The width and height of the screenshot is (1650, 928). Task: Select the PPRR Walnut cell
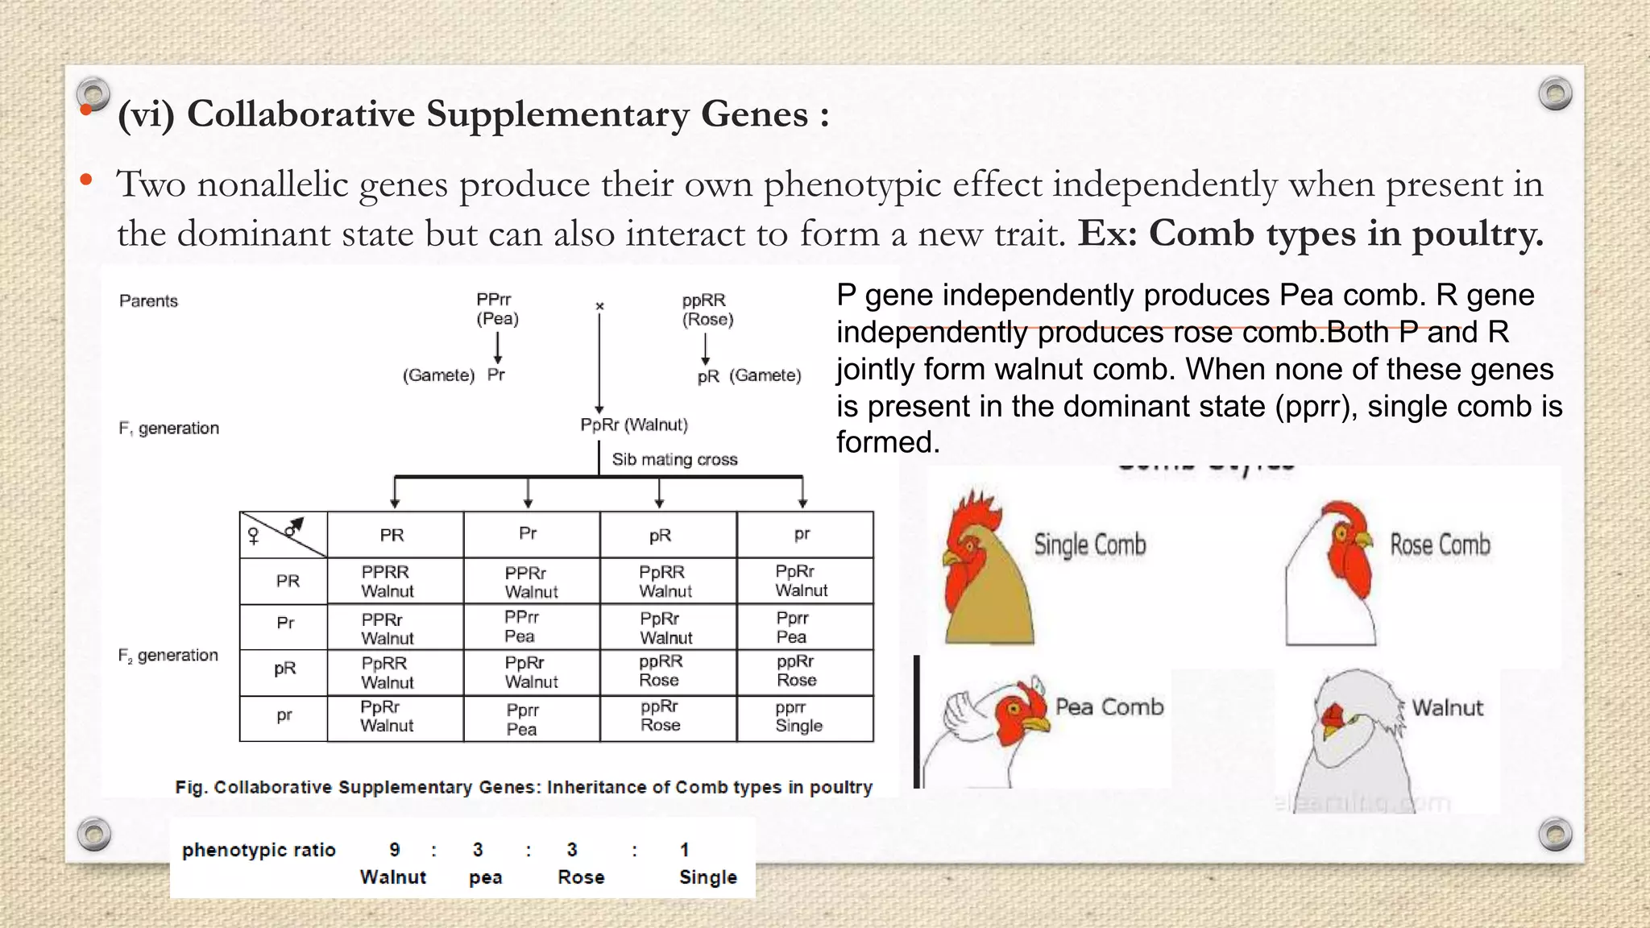pos(387,581)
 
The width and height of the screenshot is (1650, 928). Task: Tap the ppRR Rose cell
pos(661,670)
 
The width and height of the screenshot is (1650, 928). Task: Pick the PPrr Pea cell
pos(521,627)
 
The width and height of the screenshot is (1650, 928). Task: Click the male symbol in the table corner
pos(294,527)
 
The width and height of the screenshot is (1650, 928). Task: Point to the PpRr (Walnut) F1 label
pos(634,425)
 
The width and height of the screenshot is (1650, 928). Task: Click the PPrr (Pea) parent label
pos(497,309)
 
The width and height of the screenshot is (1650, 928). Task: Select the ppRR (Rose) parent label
pos(707,309)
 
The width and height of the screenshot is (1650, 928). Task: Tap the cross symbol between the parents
pos(599,306)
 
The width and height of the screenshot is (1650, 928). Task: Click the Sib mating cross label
pos(674,459)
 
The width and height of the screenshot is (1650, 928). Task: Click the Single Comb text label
pos(1089,545)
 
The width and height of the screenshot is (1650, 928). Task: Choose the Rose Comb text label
pos(1440,545)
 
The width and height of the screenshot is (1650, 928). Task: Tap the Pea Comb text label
pos(1109,707)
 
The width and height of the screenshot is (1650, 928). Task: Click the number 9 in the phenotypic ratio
pos(395,850)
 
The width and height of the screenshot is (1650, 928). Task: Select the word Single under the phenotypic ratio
pos(707,877)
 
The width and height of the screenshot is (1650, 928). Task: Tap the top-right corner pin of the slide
pos(1554,93)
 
